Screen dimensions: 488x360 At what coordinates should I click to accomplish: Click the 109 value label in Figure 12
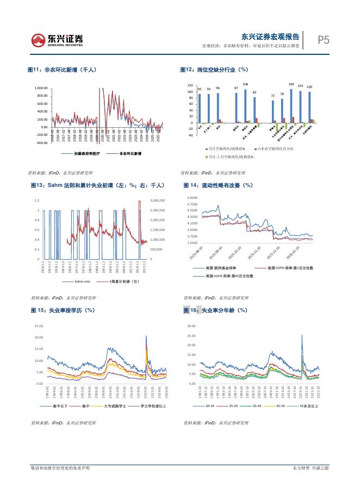click(x=291, y=84)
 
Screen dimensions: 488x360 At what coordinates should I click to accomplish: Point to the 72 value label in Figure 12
click(x=273, y=96)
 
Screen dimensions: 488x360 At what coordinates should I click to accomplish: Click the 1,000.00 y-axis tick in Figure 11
click(x=41, y=88)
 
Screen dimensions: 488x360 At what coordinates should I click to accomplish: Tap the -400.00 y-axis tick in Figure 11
click(x=41, y=143)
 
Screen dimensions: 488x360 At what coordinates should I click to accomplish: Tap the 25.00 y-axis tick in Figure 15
click(x=39, y=326)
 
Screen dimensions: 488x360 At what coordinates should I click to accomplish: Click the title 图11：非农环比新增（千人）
click(x=62, y=70)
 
